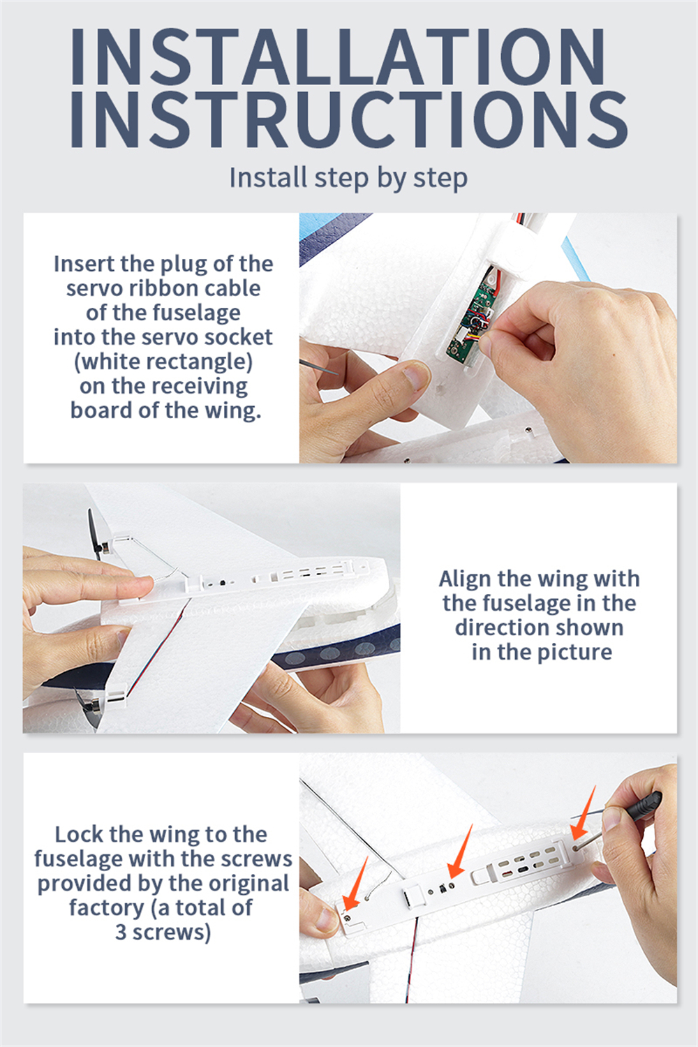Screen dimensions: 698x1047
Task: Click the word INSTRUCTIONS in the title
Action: (349, 119)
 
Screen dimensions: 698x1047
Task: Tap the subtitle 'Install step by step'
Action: (348, 178)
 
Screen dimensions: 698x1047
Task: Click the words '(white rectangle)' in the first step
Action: (163, 362)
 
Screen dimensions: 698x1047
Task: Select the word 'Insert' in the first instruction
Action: (84, 264)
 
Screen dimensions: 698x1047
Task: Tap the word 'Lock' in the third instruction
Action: (79, 834)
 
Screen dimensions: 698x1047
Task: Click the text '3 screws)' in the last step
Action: (163, 932)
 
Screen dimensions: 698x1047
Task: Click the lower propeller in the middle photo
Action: (88, 706)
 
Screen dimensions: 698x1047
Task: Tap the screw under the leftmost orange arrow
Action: (346, 918)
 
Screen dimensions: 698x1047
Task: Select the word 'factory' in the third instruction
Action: (106, 908)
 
